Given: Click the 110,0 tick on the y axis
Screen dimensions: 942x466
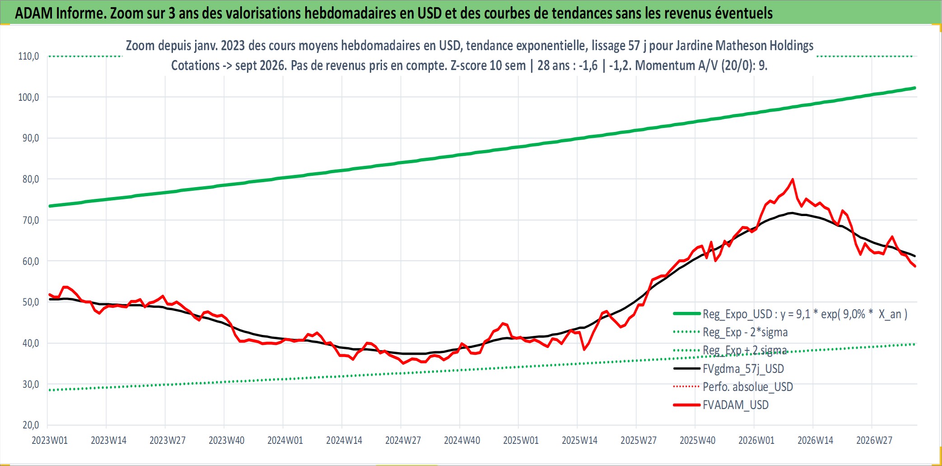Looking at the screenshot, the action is pos(28,56).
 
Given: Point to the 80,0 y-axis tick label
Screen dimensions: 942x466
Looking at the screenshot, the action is pos(31,179).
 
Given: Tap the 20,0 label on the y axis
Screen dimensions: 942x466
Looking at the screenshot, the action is pos(31,425).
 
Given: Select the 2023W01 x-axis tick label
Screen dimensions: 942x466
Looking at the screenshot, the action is pos(50,440).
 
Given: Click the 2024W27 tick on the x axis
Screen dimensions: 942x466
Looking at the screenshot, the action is pos(403,440).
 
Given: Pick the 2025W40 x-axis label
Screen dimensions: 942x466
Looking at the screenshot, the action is pos(698,440).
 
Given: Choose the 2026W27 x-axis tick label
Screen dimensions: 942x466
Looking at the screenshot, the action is pos(874,440).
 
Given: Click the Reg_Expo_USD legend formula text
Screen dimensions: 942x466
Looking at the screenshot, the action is pos(805,314).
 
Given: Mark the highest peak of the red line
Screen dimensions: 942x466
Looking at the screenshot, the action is pos(793,179).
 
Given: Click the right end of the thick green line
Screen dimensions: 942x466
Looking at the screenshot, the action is pos(915,88).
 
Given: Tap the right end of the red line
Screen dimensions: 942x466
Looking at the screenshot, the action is pos(915,266).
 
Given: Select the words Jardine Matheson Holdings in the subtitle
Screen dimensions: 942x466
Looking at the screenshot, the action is pos(745,46).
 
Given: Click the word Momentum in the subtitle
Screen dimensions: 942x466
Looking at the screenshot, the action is pos(660,66).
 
